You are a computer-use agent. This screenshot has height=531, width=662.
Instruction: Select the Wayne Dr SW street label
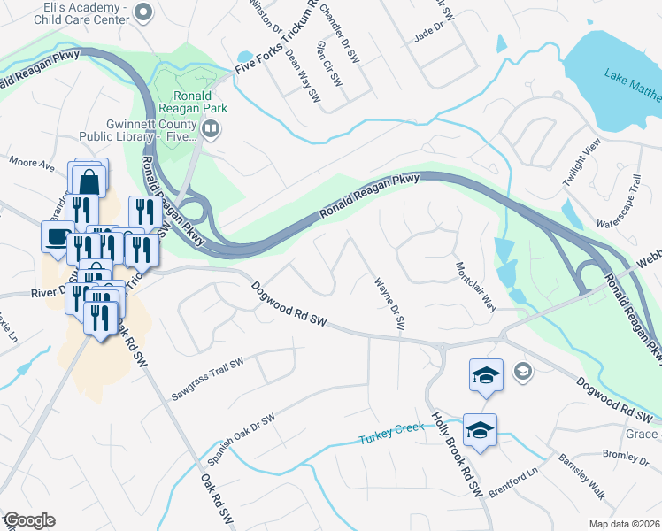pyautogui.click(x=390, y=303)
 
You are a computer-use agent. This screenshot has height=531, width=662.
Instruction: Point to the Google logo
pyautogui.click(x=28, y=520)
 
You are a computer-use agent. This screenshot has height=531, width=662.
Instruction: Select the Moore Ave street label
pyautogui.click(x=32, y=162)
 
